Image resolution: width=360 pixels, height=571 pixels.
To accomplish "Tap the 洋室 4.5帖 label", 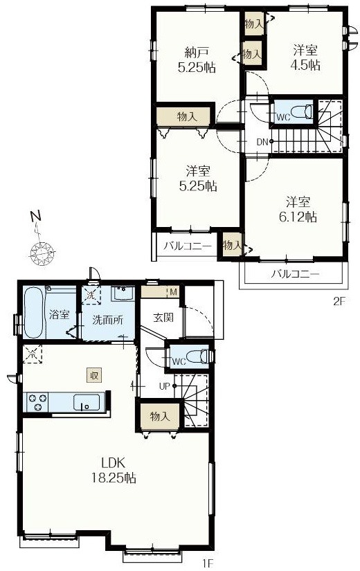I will click(x=305, y=57).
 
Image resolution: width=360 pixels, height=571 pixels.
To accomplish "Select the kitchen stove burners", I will click(x=37, y=401).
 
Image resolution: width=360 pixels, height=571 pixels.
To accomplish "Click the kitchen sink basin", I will click(x=87, y=402).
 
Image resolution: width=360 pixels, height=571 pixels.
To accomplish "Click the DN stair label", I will click(x=262, y=143).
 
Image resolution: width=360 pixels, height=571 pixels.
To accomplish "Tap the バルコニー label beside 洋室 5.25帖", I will click(x=187, y=245).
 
